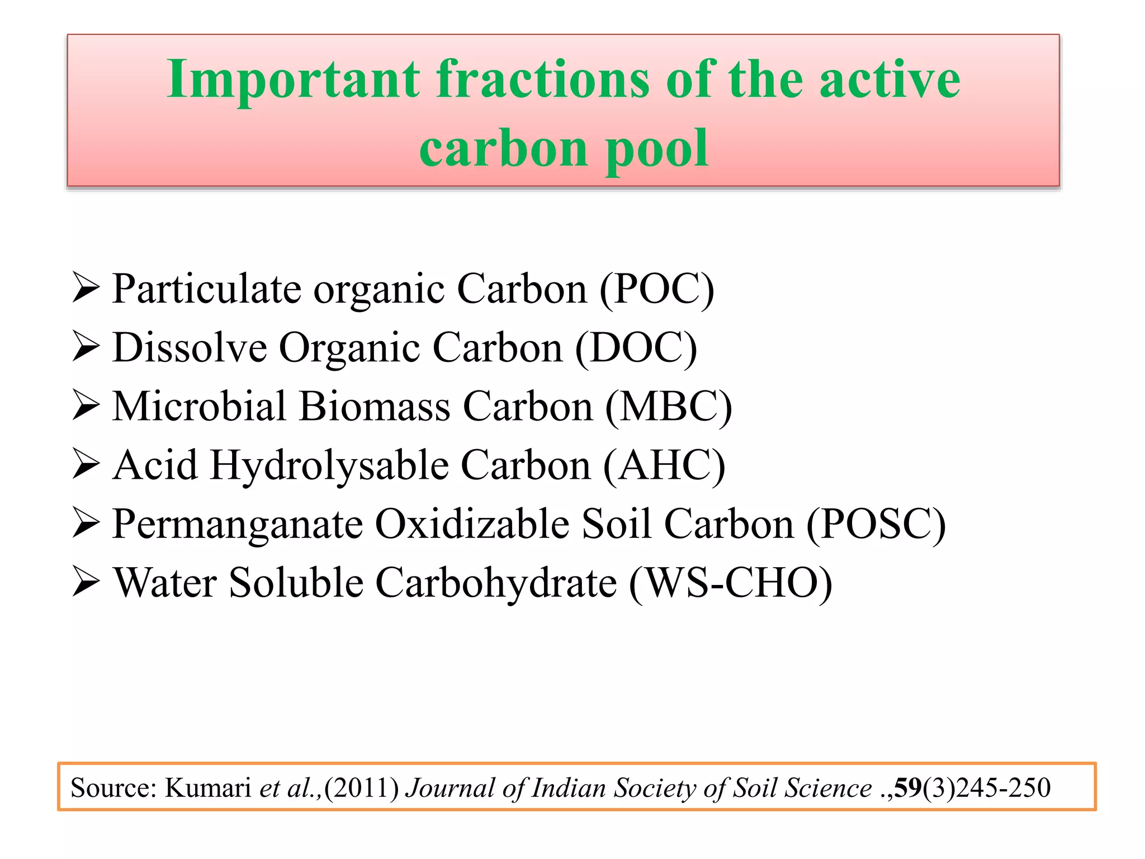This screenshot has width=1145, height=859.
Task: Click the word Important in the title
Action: click(x=293, y=79)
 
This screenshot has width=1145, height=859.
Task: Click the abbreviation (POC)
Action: click(x=657, y=289)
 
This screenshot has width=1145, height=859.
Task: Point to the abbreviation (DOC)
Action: click(x=636, y=348)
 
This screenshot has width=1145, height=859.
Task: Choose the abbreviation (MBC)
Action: click(x=669, y=407)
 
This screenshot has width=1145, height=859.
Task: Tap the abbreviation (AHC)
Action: click(x=664, y=465)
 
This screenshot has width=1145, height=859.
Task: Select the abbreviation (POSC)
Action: click(x=876, y=524)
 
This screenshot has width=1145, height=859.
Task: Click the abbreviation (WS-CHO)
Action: click(x=731, y=583)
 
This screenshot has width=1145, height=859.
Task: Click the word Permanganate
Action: click(x=237, y=524)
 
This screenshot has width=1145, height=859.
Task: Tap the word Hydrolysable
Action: click(x=329, y=465)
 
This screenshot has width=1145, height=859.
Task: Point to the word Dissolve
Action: click(x=190, y=348)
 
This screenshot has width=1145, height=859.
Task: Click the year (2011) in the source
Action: click(x=362, y=788)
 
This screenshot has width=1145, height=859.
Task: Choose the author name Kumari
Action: click(x=207, y=788)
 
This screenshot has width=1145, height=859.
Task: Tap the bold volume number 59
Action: click(x=907, y=788)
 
